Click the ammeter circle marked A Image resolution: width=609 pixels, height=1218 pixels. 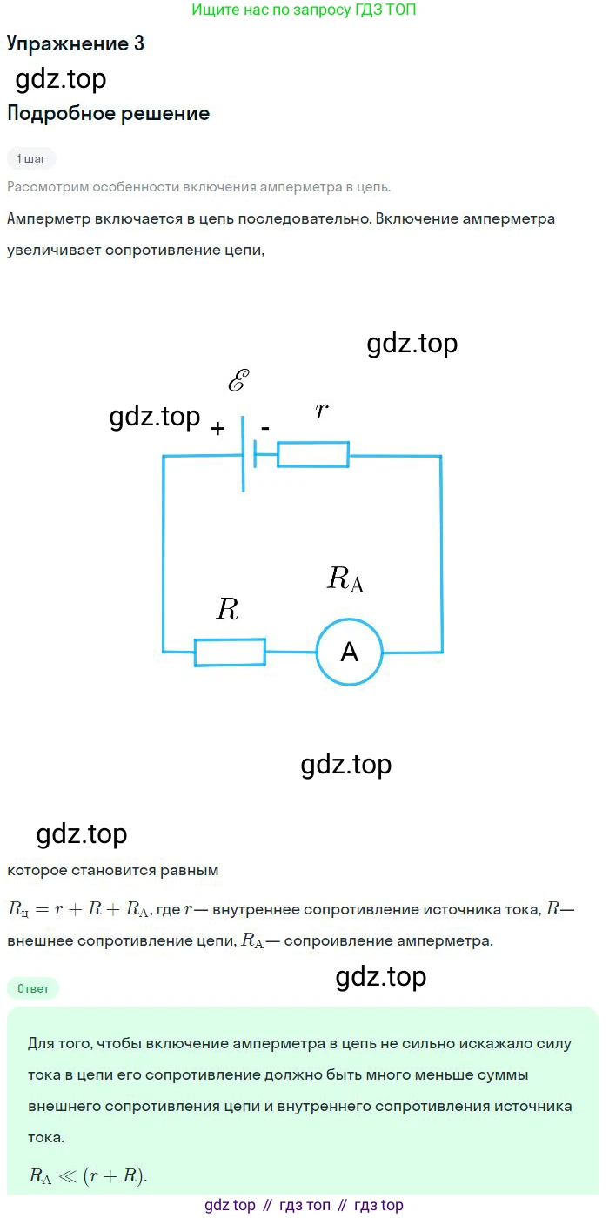[349, 652]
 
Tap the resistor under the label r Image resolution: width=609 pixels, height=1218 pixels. [313, 454]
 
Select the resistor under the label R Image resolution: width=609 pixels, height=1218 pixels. [230, 652]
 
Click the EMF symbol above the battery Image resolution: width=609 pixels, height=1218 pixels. [238, 381]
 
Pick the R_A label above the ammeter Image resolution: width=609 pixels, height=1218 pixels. [345, 579]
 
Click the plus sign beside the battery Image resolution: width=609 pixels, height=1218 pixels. [217, 428]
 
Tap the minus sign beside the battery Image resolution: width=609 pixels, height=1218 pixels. [265, 426]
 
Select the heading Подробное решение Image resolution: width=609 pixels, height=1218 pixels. [108, 113]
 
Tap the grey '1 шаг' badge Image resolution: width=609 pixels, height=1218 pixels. [31, 158]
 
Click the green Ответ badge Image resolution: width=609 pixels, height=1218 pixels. [33, 988]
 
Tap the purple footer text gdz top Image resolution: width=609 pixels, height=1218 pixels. [231, 1205]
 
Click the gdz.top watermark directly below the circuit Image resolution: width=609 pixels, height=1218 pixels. [346, 765]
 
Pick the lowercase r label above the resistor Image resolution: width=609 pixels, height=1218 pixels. [322, 411]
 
